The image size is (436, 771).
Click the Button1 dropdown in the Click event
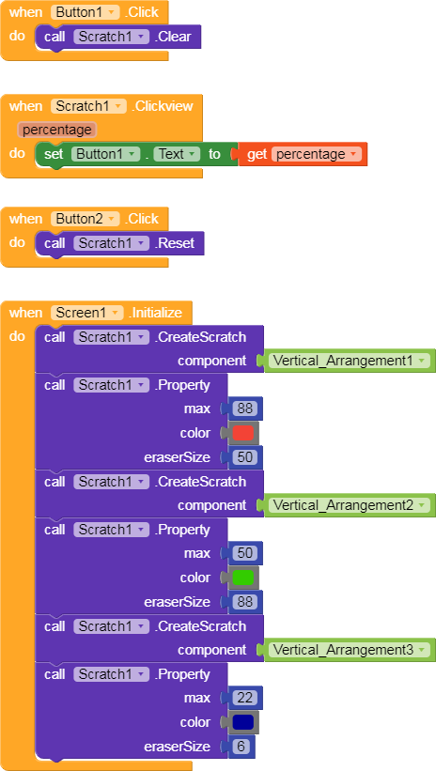(x=86, y=12)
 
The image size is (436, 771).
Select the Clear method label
(x=172, y=37)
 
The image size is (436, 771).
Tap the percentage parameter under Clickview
(x=57, y=130)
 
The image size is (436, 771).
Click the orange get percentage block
(x=303, y=154)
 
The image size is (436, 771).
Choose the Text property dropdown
(x=177, y=154)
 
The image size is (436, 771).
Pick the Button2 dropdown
(x=86, y=219)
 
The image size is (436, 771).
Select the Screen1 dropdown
(x=87, y=313)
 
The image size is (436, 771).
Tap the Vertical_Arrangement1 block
(x=349, y=361)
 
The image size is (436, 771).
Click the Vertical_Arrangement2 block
(x=349, y=505)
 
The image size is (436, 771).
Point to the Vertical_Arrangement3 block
(x=349, y=650)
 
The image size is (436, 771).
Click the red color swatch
(x=243, y=433)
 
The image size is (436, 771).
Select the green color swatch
(x=243, y=578)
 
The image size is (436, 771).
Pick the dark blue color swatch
(x=243, y=722)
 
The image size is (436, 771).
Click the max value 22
(x=244, y=699)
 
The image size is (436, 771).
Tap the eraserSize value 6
(x=241, y=747)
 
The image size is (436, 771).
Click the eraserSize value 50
(x=244, y=457)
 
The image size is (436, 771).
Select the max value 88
(x=244, y=409)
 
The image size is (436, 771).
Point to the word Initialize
(x=155, y=313)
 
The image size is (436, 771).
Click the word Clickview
(x=162, y=106)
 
